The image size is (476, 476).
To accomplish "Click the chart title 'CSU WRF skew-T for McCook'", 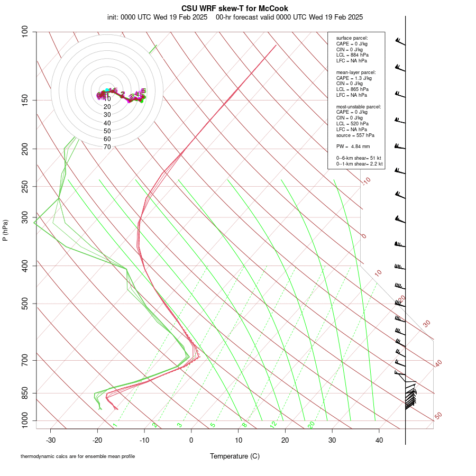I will click(x=235, y=8).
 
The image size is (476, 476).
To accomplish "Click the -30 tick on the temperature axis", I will click(x=51, y=440).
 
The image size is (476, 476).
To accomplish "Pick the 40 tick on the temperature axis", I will click(x=379, y=440).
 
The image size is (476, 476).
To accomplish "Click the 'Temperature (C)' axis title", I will click(x=235, y=456).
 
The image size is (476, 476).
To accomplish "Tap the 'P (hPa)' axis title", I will click(x=5, y=230).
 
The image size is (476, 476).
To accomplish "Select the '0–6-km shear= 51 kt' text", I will click(x=359, y=158).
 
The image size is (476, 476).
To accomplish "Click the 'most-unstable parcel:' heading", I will click(x=359, y=107).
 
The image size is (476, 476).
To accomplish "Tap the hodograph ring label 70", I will click(x=107, y=147).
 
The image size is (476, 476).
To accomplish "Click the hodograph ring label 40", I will click(x=107, y=123).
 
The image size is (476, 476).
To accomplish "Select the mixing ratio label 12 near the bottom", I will click(x=273, y=425).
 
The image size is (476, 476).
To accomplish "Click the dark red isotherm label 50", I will click(x=438, y=416).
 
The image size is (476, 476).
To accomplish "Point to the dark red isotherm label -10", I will click(x=365, y=181).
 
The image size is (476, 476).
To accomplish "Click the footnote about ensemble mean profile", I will click(x=78, y=456).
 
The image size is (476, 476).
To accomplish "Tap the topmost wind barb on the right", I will click(x=400, y=42).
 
